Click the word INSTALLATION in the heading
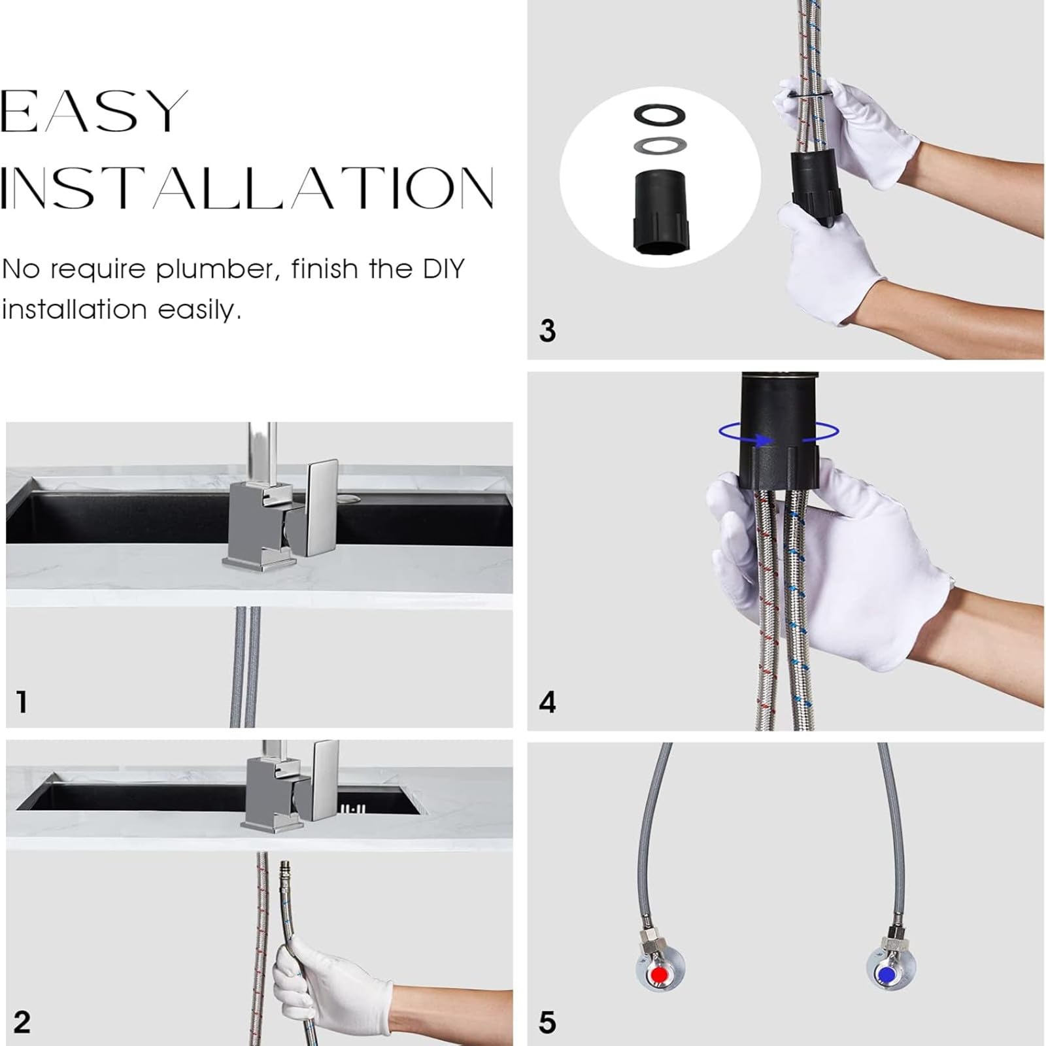pos(247,188)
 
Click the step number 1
pos(22,701)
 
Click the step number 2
pos(22,1022)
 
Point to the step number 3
pos(547,330)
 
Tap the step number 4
pos(547,702)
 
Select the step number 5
pos(547,1022)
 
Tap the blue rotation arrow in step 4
pos(778,432)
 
